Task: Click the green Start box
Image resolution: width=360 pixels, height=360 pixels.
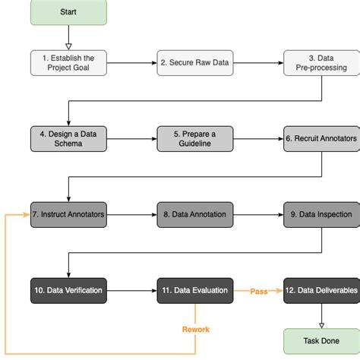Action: coord(68,12)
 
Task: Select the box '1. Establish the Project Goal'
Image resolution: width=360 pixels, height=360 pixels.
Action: coord(68,62)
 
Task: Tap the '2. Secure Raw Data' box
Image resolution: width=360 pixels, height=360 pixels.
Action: coord(194,62)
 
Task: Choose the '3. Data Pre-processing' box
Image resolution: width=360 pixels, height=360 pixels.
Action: coord(321,62)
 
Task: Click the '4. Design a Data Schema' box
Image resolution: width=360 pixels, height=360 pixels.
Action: coord(68,138)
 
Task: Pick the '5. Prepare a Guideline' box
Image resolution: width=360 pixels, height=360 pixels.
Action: coord(194,138)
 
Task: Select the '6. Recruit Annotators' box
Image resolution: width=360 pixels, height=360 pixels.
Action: coord(321,138)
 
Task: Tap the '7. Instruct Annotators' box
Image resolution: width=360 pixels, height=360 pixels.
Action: coord(68,193)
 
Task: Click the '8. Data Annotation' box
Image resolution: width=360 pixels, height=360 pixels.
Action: coord(194,193)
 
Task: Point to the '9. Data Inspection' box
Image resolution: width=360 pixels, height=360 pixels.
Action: coord(321,193)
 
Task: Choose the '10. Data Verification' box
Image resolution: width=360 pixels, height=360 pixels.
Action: coord(68,290)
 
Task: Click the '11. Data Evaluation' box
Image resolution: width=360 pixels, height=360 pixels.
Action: coord(194,290)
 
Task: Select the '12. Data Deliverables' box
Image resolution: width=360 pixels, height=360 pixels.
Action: coord(321,290)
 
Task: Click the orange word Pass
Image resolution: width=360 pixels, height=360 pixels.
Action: coord(257,290)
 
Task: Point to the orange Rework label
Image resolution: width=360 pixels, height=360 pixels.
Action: coord(195,329)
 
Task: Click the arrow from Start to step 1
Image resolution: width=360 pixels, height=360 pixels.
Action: coord(68,36)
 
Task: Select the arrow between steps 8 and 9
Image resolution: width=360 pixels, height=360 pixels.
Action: coord(257,193)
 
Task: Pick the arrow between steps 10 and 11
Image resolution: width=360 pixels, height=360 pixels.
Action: coord(131,290)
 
